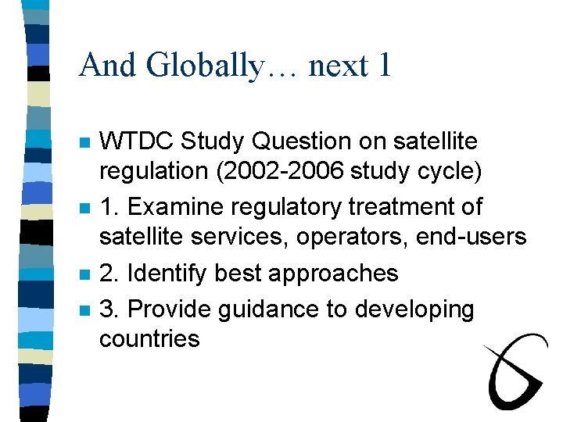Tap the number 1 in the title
[x=384, y=66]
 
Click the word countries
[x=149, y=338]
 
